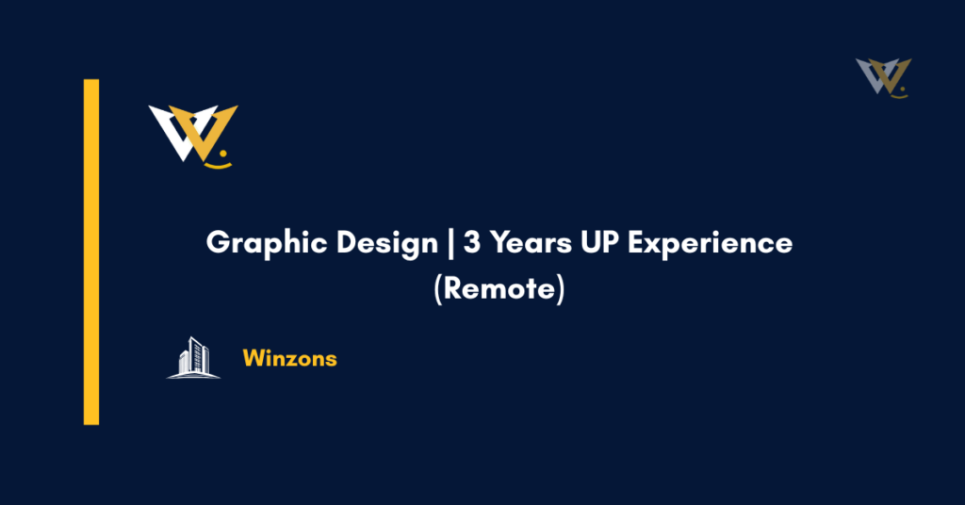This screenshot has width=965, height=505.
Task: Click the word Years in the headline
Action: click(526, 243)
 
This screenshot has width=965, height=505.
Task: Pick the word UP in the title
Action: click(598, 243)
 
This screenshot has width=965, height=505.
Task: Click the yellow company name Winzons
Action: click(289, 359)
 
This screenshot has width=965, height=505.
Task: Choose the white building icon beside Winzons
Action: click(193, 358)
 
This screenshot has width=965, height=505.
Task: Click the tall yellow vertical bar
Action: click(91, 252)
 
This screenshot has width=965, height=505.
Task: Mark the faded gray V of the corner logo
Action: click(870, 74)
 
